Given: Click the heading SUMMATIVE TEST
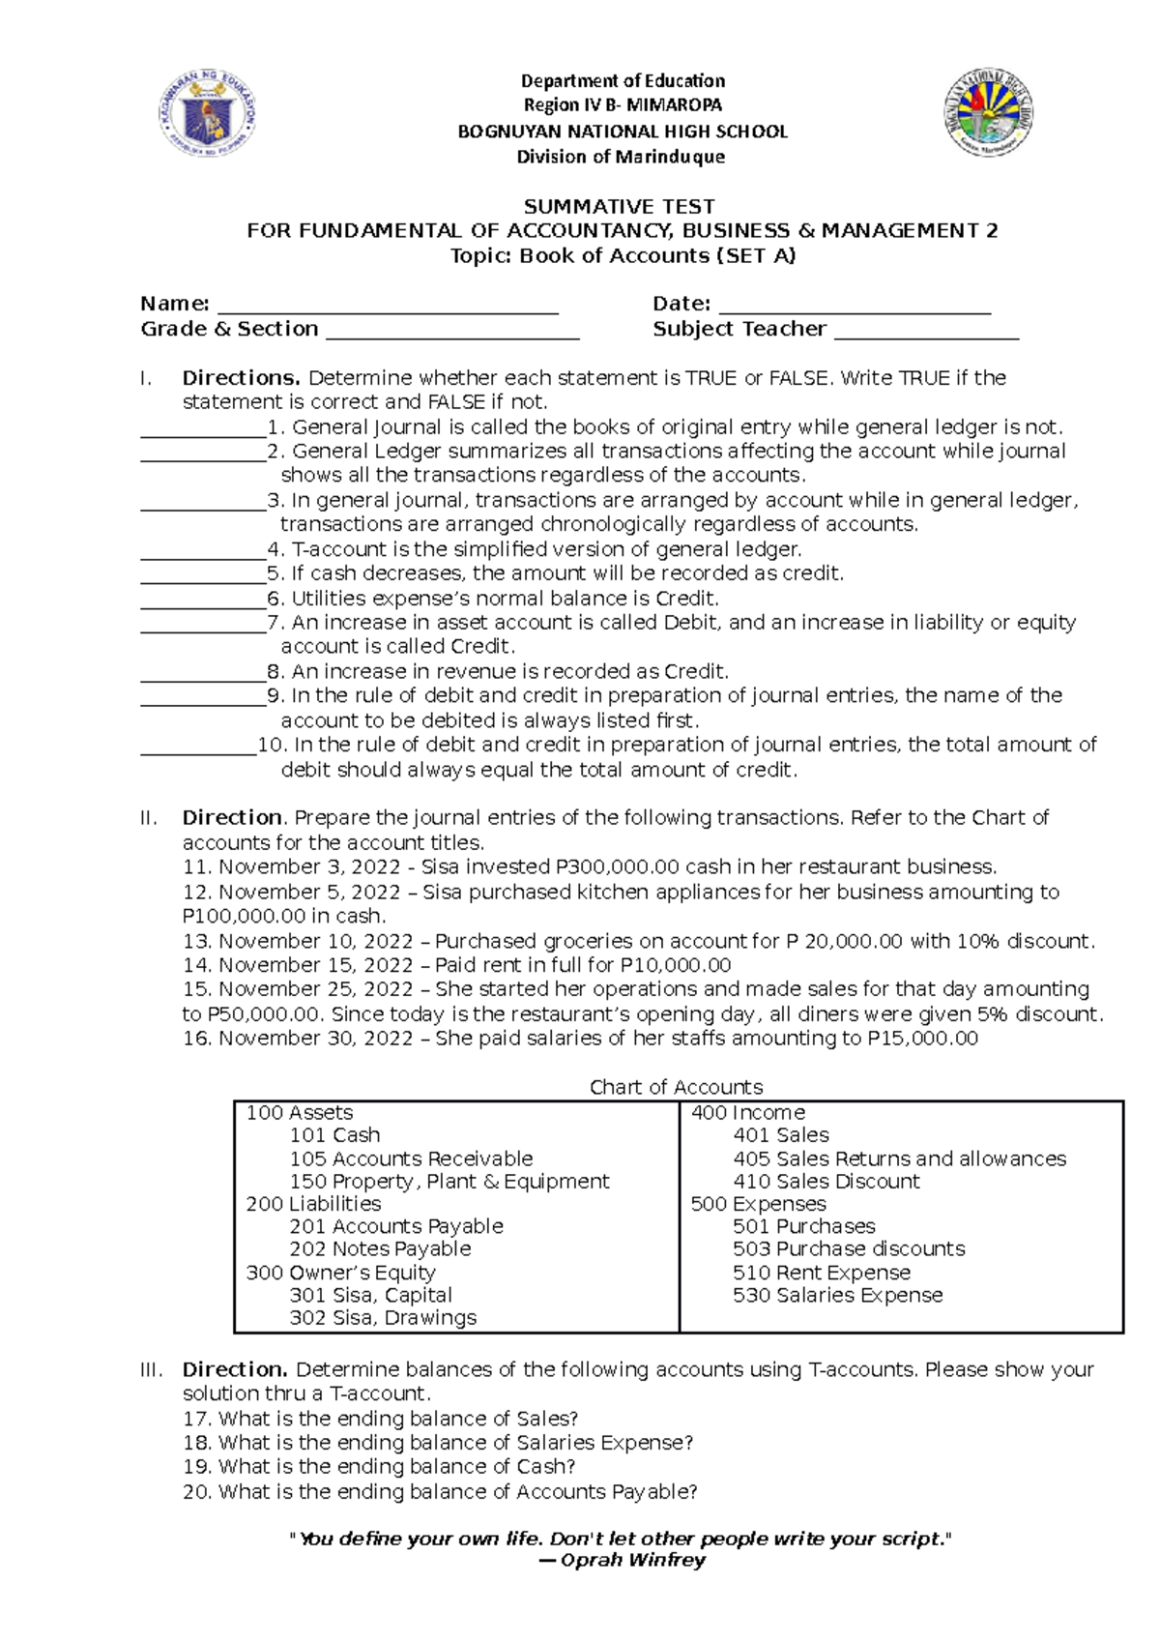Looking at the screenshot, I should point(619,206).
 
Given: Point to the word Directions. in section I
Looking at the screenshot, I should point(242,377).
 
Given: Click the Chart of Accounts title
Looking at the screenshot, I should point(676,1087).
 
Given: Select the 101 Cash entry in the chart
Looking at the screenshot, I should point(334,1135).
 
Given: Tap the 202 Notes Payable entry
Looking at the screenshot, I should point(380,1248).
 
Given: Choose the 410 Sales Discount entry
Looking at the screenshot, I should point(826,1181).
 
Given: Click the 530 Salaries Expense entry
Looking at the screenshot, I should point(837,1295).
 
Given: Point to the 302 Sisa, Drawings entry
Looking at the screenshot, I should point(383,1317).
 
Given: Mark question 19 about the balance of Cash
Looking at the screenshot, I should point(379,1467).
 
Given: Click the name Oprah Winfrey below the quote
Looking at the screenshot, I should point(632,1560).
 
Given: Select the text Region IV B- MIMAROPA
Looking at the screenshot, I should point(623,105).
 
